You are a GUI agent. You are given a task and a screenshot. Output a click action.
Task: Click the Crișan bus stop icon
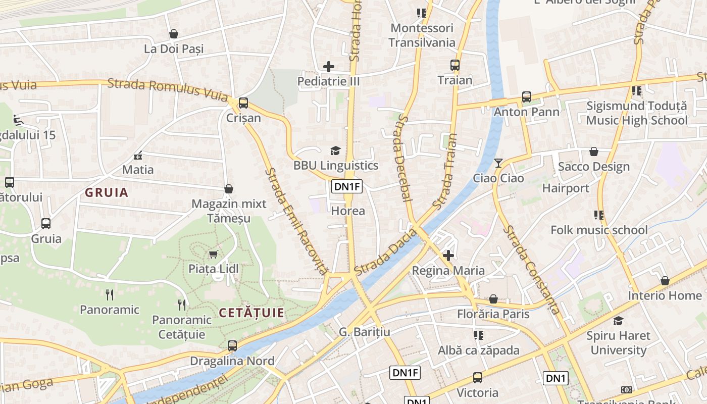pos(243,103)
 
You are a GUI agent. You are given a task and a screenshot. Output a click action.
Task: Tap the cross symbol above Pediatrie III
pos(329,66)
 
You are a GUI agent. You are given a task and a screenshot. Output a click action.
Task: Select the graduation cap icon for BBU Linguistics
pos(335,150)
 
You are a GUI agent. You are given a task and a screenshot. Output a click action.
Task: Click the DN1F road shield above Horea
pos(347,187)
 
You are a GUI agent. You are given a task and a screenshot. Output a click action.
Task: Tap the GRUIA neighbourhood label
pos(107,192)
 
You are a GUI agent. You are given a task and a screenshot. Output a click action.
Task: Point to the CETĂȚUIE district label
pos(251,313)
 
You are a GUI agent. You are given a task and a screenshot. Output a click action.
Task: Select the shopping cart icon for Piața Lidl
pos(214,254)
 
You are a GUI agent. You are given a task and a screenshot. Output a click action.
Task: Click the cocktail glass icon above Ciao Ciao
pos(498,163)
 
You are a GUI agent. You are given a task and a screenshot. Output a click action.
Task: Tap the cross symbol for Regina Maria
pos(448,256)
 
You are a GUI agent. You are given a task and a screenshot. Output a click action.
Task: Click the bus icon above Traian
pos(455,65)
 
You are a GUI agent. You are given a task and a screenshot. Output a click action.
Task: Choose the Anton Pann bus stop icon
pos(527,97)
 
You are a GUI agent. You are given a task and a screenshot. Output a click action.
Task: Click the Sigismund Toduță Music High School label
pos(636,113)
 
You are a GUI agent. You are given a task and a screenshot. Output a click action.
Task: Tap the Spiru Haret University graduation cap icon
pos(618,321)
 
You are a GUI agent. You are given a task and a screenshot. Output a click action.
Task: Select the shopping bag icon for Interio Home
pos(665,281)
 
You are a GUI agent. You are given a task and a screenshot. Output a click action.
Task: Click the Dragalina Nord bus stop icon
pos(232,346)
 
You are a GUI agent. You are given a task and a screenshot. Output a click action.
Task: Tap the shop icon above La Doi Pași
pos(174,34)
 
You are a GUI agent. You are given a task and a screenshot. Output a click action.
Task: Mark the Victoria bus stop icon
pos(477,377)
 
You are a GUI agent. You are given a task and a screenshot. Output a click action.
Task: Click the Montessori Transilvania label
pos(422,35)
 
